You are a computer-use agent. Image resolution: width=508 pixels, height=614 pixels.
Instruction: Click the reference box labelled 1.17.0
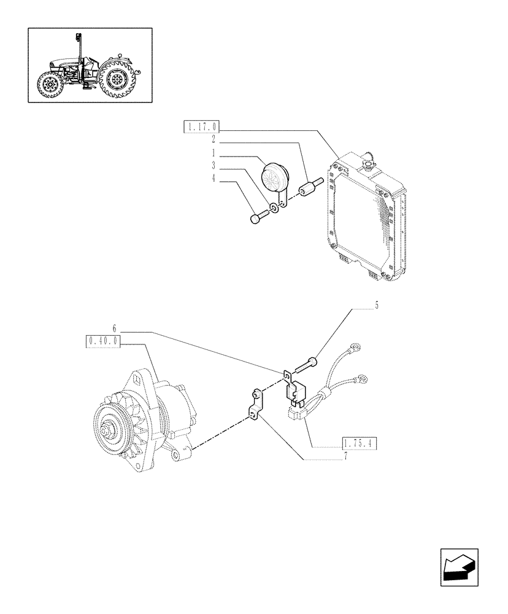click(201, 127)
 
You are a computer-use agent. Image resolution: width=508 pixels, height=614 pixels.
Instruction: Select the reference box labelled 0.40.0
click(103, 341)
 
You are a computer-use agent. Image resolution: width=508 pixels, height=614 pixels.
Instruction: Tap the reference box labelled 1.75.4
click(358, 443)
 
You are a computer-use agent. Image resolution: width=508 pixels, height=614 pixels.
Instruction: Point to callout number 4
click(214, 179)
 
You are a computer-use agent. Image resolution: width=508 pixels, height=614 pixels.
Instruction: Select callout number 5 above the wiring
click(376, 305)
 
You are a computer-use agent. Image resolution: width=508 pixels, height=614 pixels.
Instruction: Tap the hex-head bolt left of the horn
click(258, 217)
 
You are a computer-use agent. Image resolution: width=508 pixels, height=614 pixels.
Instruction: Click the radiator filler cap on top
click(369, 161)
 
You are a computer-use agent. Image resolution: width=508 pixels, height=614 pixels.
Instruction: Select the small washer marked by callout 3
click(274, 209)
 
